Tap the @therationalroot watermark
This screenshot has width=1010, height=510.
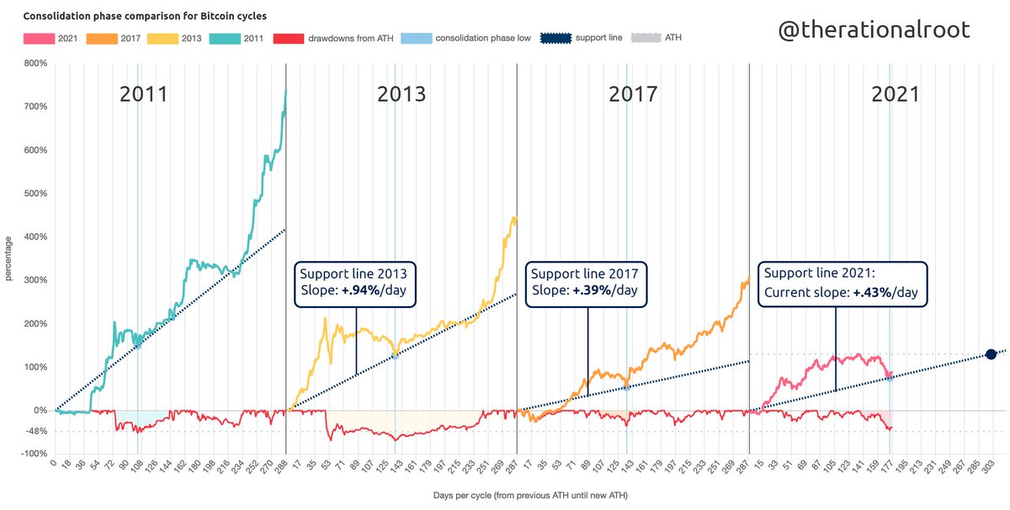[x=873, y=29]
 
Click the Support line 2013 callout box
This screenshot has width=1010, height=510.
[x=355, y=283]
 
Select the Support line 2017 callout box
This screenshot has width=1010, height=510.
[x=587, y=283]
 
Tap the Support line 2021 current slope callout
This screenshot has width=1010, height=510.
[x=842, y=284]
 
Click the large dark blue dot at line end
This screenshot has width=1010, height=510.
[x=991, y=354]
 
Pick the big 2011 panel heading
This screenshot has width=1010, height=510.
[x=143, y=93]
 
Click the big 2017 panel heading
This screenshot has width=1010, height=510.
[x=633, y=93]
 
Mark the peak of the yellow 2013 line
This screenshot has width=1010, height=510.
[x=513, y=217]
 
